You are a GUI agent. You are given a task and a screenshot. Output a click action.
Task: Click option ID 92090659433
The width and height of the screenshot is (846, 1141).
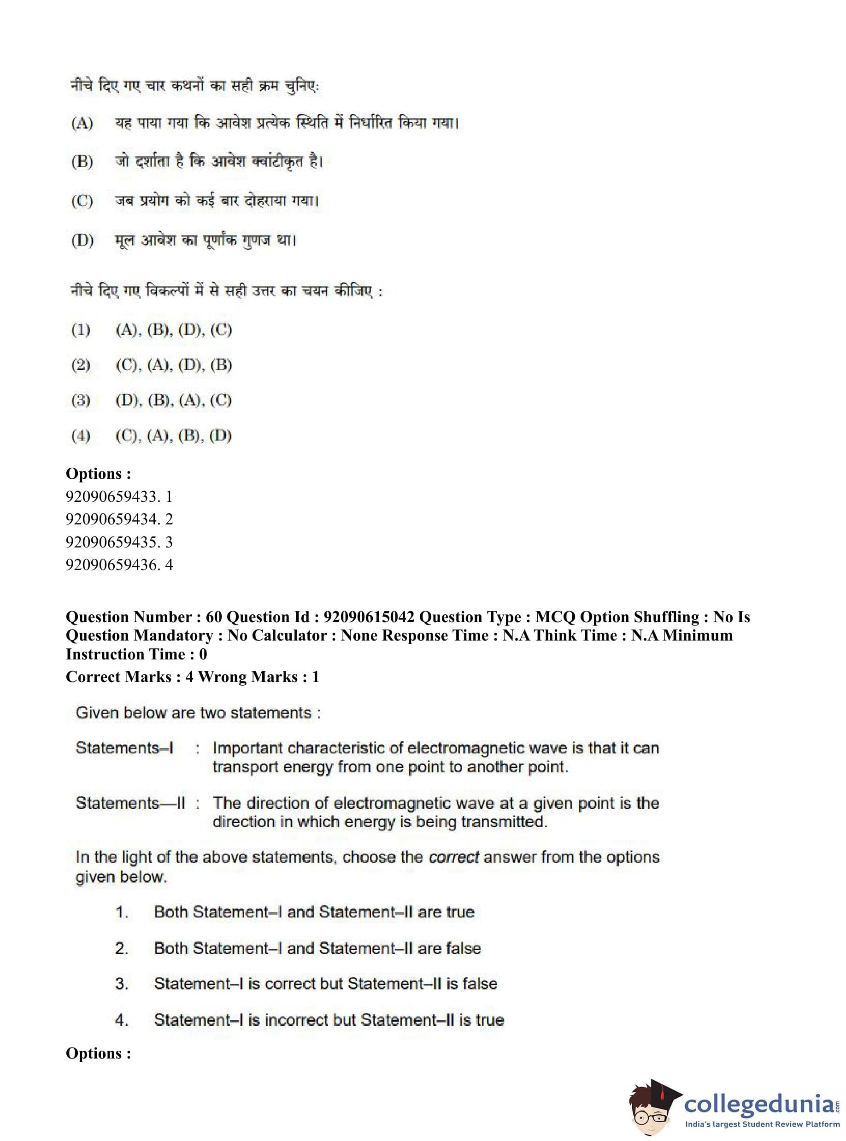pyautogui.click(x=119, y=496)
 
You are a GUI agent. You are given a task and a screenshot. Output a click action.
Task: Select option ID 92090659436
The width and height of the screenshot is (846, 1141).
pyautogui.click(x=119, y=565)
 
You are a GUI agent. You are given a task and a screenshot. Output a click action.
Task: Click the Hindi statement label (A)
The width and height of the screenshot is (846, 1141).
pyautogui.click(x=82, y=124)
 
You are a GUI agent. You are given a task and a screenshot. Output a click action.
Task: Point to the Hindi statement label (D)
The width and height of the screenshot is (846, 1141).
pyautogui.click(x=82, y=240)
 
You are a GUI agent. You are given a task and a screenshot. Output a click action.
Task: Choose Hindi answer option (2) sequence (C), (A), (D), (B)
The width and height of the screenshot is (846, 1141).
pyautogui.click(x=173, y=365)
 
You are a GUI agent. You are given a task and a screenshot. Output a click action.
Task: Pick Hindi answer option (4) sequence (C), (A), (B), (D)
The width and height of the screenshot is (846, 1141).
pyautogui.click(x=173, y=436)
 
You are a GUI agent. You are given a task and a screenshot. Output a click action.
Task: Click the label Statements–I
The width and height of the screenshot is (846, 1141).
pyautogui.click(x=124, y=748)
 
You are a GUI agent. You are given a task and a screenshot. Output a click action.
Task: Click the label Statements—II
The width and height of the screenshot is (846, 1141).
pyautogui.click(x=130, y=803)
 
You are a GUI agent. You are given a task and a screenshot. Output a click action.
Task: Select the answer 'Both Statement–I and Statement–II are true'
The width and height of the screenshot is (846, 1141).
pyautogui.click(x=314, y=912)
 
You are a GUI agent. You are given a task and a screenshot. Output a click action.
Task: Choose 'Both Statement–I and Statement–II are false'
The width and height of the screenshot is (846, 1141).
pyautogui.click(x=317, y=948)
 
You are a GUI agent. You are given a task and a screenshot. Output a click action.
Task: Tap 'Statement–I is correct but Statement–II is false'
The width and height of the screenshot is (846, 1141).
pyautogui.click(x=325, y=984)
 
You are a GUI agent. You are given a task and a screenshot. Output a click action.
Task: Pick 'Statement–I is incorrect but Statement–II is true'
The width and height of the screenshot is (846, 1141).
pyautogui.click(x=329, y=1020)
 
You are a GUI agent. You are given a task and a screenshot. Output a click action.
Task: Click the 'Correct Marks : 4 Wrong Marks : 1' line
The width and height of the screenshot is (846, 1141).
pyautogui.click(x=192, y=677)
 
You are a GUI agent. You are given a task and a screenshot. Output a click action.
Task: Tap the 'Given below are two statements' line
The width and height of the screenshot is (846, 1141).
pyautogui.click(x=198, y=713)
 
